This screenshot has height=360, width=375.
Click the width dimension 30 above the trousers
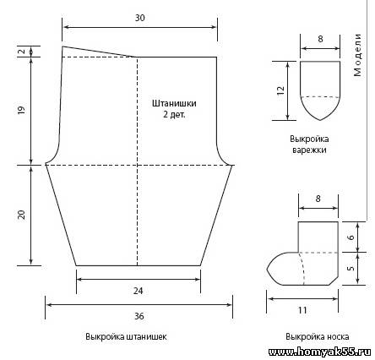point(140,18)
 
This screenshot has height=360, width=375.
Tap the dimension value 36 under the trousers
point(139,316)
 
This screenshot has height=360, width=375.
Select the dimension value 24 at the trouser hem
point(139,291)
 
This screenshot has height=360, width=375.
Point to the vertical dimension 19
point(21,109)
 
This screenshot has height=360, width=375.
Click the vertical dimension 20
point(21,215)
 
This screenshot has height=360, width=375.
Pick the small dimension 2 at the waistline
point(22,52)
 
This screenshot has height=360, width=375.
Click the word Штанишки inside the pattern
point(174,103)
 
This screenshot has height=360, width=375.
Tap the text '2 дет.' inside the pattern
point(174,114)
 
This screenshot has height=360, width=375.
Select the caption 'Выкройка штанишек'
point(126,336)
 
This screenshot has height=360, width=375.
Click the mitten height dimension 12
point(280,90)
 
